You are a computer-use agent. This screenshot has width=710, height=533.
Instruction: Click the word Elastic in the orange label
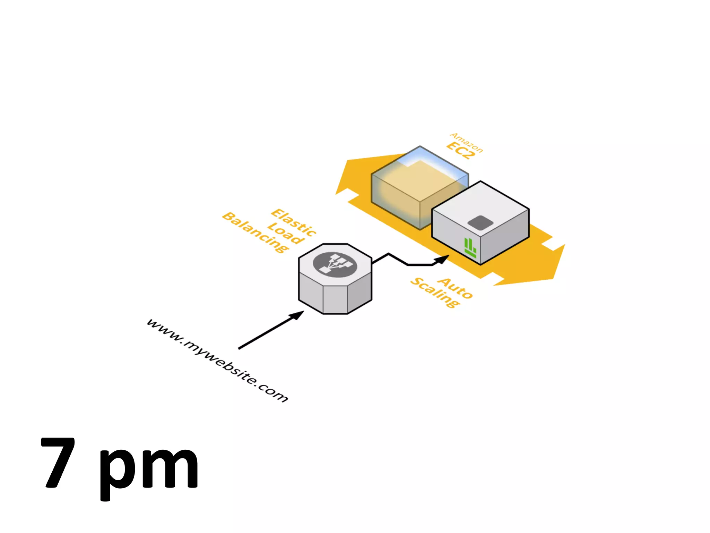click(294, 222)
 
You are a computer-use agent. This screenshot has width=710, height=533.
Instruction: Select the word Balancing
click(256, 232)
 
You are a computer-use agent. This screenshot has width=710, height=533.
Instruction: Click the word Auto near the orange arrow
click(455, 288)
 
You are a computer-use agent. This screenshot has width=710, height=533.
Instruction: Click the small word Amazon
click(466, 142)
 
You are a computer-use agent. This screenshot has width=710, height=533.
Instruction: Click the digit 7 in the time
click(58, 463)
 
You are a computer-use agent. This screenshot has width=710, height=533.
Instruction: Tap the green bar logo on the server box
click(470, 247)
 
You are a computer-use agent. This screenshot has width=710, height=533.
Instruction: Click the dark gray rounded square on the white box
click(480, 223)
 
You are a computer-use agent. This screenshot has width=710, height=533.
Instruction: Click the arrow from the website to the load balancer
click(270, 330)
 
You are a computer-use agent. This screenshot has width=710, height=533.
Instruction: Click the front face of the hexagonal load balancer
click(335, 299)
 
